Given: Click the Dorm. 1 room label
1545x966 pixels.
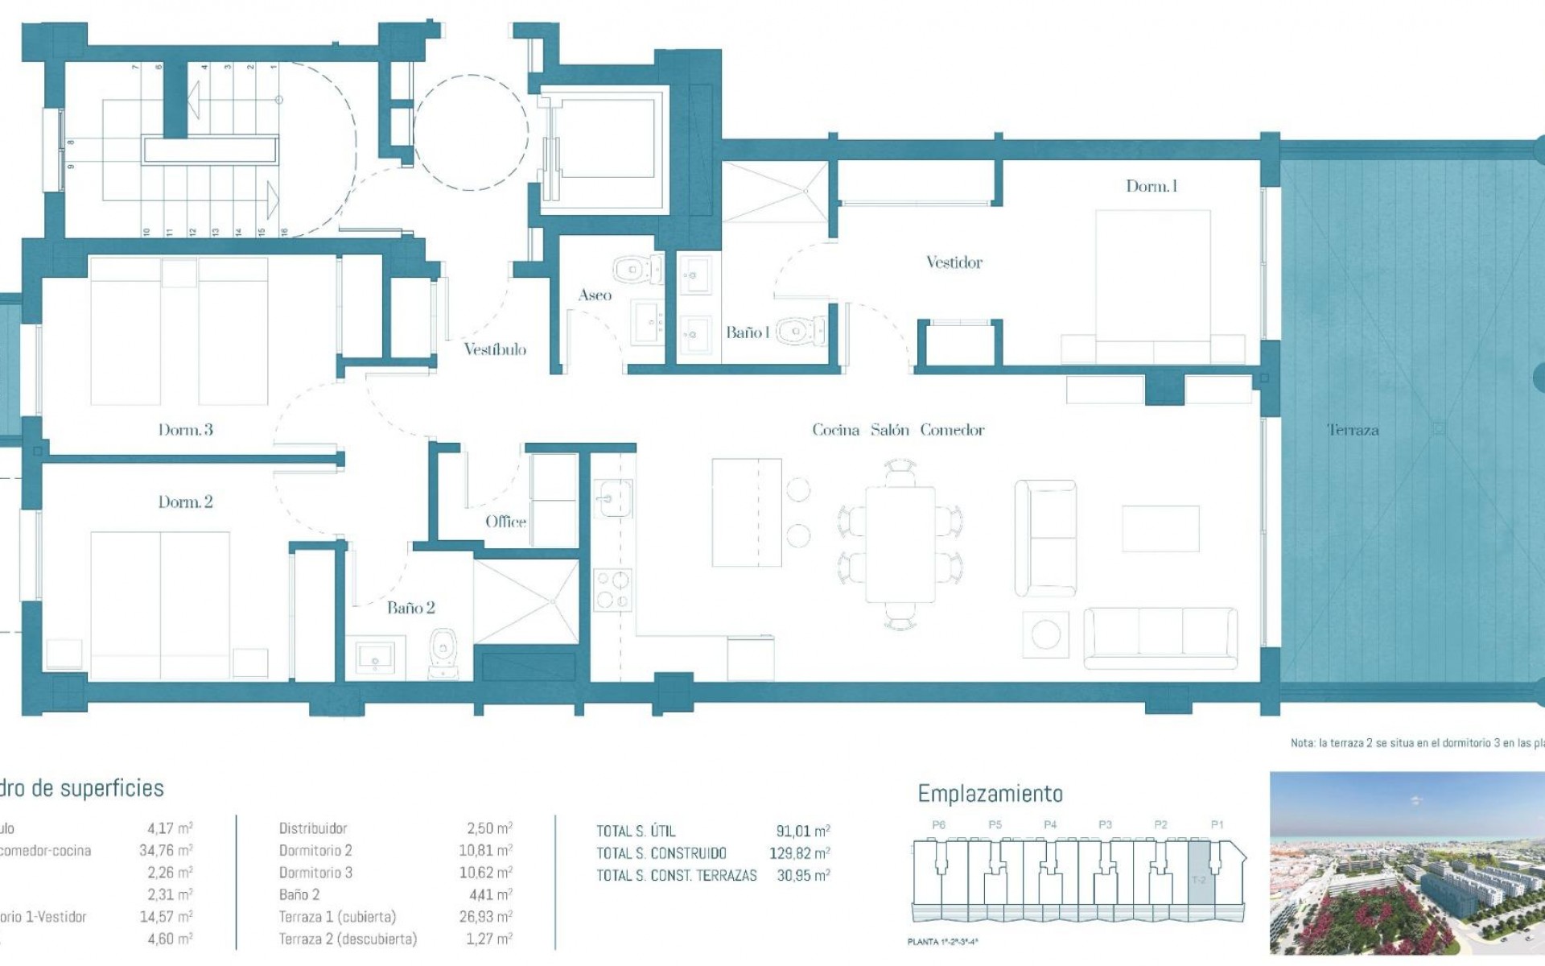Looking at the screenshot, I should tap(1151, 187).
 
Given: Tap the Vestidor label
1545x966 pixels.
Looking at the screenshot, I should tap(954, 262).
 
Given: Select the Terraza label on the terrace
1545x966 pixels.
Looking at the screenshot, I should tap(1352, 430).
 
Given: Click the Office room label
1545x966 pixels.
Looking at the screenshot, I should tap(505, 522).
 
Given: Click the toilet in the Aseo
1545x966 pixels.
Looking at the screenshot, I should tap(636, 269).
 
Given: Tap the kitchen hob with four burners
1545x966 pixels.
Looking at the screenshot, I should tap(612, 589).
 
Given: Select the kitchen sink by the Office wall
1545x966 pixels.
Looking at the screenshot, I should tap(612, 497).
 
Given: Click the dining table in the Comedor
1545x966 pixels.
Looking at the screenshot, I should tap(900, 544).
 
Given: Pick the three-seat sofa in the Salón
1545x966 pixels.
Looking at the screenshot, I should tap(1160, 638).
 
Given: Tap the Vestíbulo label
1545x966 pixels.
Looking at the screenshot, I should tap(495, 349).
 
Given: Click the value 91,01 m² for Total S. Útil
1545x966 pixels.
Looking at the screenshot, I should tap(802, 832).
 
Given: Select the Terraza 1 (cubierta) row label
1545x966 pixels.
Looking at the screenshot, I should tap(337, 917).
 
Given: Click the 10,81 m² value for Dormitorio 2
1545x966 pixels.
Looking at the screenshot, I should tap(485, 851).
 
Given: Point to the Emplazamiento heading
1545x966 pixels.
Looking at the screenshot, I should tap(990, 794).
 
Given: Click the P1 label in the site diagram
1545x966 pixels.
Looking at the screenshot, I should tap(1217, 825).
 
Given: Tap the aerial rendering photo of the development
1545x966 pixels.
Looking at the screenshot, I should tap(1407, 863).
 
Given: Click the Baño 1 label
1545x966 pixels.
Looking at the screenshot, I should tap(748, 332).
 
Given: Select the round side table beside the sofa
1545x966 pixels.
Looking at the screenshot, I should tap(1045, 634).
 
